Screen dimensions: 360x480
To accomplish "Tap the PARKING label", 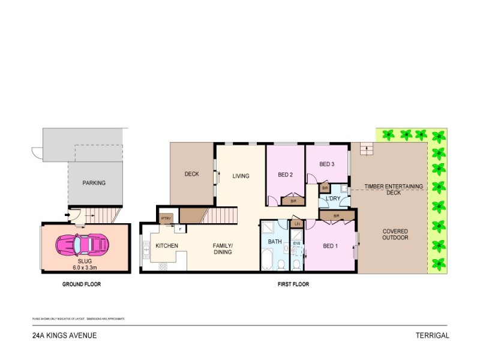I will (94, 183).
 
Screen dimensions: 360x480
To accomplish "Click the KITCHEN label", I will (167, 246).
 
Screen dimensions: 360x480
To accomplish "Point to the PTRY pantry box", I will (164, 219).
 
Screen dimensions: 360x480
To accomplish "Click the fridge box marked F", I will (179, 229).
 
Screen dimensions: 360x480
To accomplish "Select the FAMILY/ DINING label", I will (223, 249).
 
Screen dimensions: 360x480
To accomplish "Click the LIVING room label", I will (240, 176).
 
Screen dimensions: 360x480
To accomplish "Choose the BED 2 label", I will (285, 175).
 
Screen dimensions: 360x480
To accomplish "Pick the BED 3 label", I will (326, 164).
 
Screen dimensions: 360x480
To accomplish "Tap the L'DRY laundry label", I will (334, 199).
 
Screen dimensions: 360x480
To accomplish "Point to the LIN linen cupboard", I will (296, 224).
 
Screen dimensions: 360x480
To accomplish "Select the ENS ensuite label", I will (296, 244).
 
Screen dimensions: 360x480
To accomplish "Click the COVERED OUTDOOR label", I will (395, 235).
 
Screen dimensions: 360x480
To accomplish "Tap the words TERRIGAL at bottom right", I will (431, 336).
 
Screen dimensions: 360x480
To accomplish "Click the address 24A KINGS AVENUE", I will (64, 336).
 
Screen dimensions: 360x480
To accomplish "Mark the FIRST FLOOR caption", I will (294, 284).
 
